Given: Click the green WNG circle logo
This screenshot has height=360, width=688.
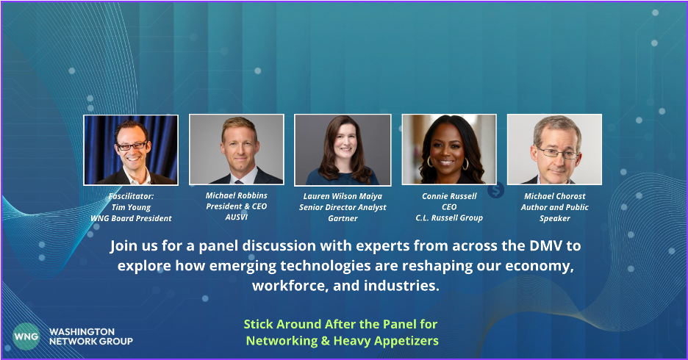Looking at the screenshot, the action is (x=26, y=336).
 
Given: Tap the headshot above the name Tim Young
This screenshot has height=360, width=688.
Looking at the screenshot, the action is (x=131, y=150).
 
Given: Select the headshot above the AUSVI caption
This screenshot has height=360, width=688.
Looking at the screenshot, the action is (x=237, y=149).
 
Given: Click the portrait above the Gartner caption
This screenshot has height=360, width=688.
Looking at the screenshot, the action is (x=343, y=150).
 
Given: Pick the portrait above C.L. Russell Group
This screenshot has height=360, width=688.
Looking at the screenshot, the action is (x=449, y=149).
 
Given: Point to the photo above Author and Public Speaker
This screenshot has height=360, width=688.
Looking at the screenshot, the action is (x=555, y=149).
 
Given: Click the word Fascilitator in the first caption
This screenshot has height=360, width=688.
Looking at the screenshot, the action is (x=131, y=196).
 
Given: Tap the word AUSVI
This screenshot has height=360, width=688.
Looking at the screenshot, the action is (x=237, y=217).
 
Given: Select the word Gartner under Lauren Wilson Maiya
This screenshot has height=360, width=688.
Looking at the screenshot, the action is (x=343, y=218).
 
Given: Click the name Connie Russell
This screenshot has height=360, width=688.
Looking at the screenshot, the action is (x=449, y=196).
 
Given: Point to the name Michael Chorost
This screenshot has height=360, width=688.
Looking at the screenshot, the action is (x=555, y=196).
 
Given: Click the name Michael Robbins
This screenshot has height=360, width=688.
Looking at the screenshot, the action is (x=237, y=195).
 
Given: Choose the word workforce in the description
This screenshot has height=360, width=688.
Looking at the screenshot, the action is (x=289, y=286).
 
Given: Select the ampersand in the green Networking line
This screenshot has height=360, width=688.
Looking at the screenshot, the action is (x=325, y=341).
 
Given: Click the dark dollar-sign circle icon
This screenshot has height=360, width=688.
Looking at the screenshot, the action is (x=495, y=190).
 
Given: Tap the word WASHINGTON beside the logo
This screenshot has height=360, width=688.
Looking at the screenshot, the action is (x=82, y=331).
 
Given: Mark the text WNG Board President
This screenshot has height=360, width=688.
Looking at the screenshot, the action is (x=131, y=218).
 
